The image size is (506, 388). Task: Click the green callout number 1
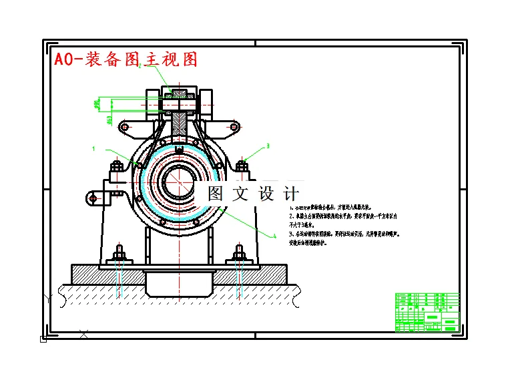94,148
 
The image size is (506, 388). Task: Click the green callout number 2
140,66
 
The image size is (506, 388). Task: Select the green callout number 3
268,145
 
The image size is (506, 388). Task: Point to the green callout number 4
274,236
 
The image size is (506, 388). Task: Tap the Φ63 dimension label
109,120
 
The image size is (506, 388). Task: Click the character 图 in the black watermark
215,194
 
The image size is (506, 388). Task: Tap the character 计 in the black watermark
291,194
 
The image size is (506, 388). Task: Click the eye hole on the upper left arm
123,126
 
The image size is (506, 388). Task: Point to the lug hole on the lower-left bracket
92,197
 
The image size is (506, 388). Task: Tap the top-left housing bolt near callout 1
116,164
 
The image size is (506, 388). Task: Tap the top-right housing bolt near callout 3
242,164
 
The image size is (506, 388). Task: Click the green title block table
428,312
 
